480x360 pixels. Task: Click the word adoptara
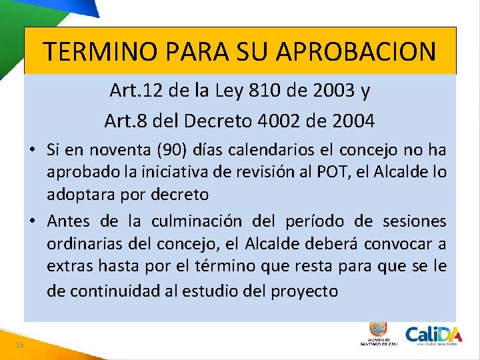pos(75,195)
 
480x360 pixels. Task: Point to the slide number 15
pos(19,344)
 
